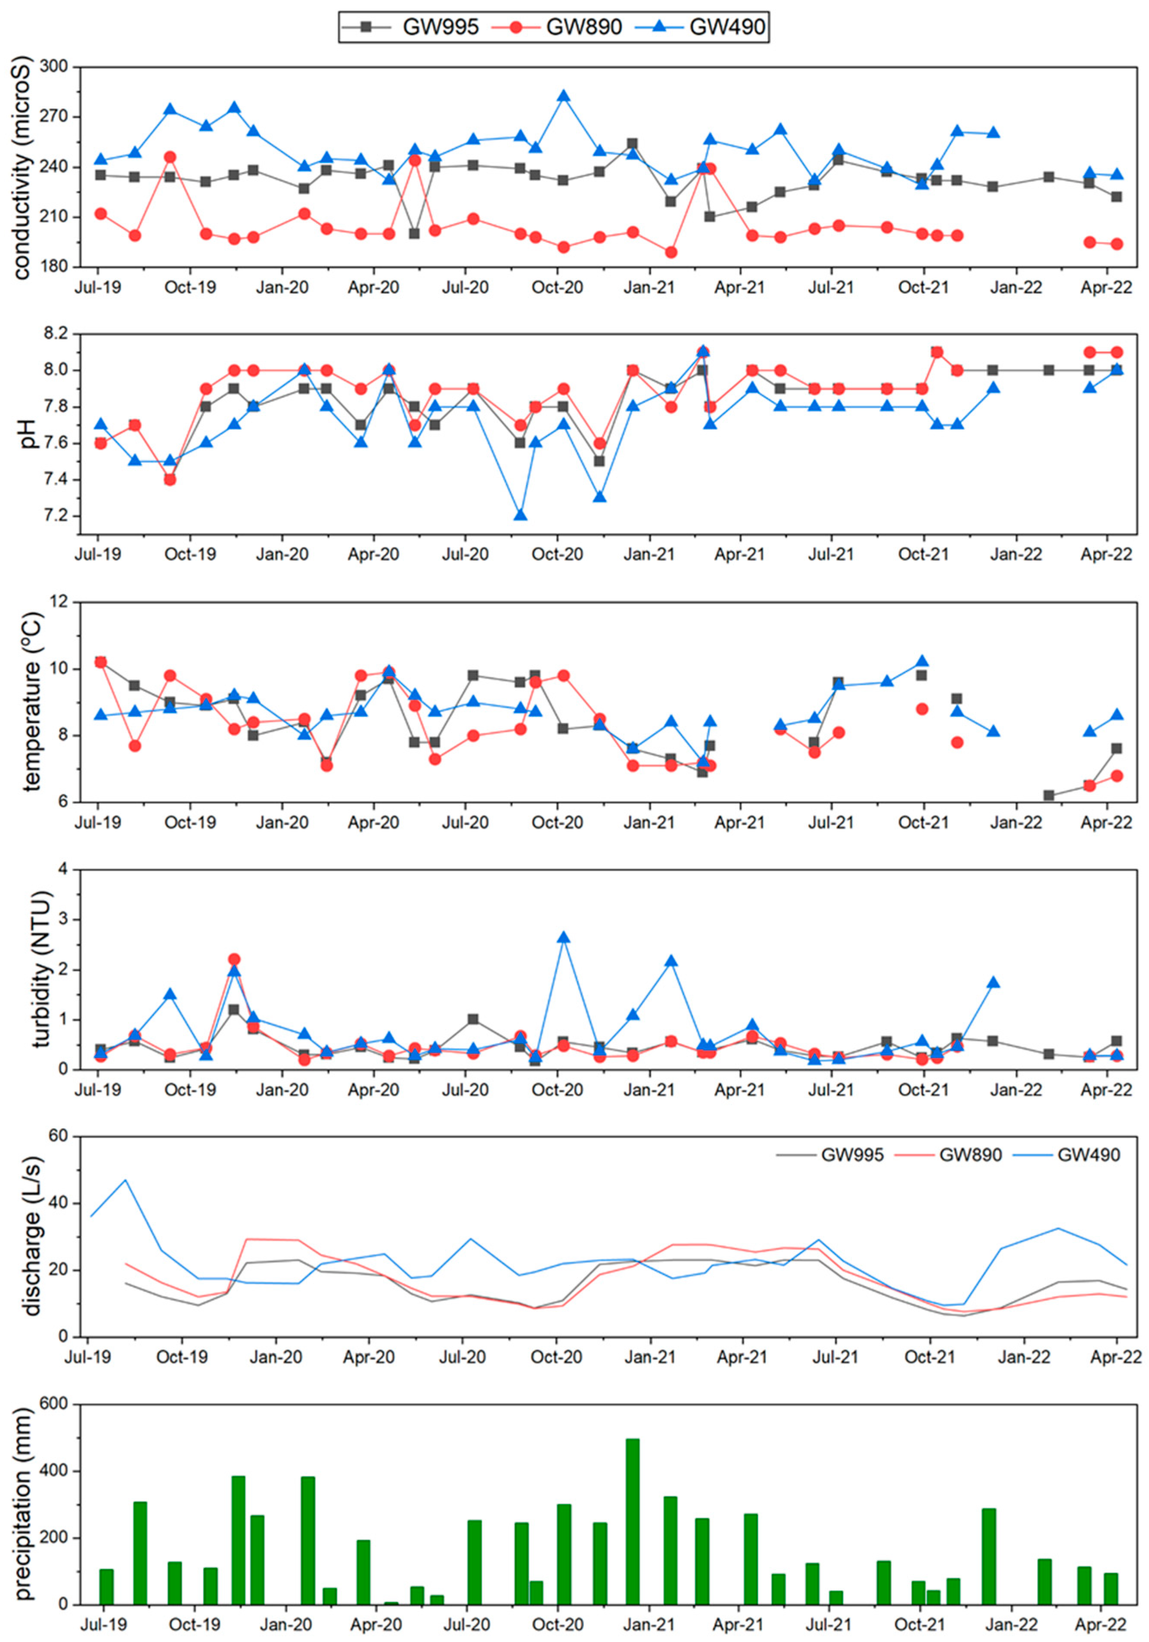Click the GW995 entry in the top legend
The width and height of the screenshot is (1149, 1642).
[x=440, y=27]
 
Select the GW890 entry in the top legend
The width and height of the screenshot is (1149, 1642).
[x=584, y=27]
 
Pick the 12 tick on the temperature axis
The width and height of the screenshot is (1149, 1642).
[x=63, y=603]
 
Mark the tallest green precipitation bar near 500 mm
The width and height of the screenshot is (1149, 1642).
[x=633, y=1522]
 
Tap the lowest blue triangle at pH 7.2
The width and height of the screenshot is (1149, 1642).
[x=521, y=515]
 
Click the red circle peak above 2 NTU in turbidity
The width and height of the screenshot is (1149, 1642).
[x=234, y=960]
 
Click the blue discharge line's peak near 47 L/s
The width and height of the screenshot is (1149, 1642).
[x=126, y=1180]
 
